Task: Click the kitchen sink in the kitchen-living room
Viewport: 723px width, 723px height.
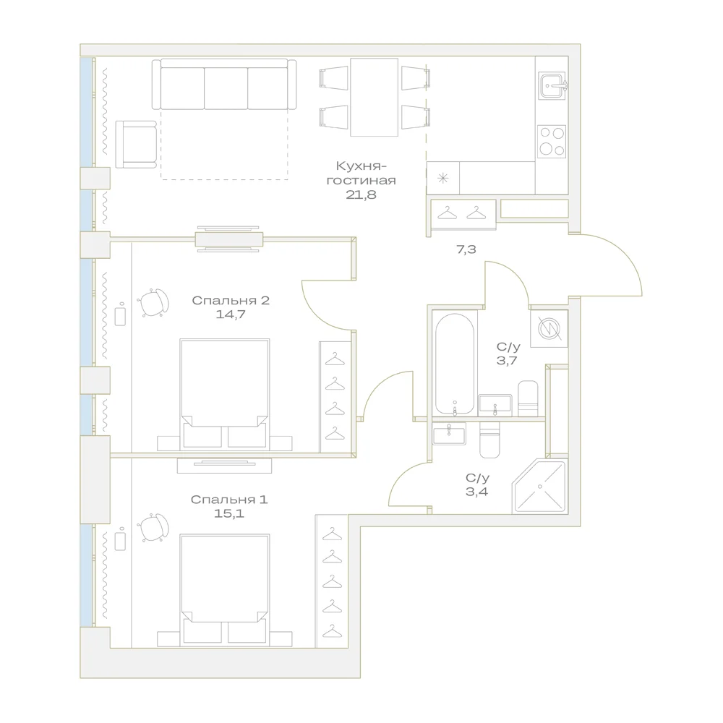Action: coord(552,86)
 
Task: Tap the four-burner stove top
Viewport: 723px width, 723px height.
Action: coord(552,141)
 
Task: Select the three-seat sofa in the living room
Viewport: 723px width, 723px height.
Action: coord(224,85)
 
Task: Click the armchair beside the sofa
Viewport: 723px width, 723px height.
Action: coord(136,145)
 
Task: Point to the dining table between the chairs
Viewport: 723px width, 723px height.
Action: coord(374,98)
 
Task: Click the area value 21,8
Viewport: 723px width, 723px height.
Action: coord(361,194)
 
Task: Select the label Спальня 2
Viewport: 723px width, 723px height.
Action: coord(231,301)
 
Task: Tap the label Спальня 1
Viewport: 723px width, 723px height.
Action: coord(229,500)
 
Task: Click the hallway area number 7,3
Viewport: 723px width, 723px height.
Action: coord(466,249)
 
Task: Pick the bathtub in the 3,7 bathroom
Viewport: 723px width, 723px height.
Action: coord(455,364)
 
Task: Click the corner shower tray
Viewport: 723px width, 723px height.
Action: coord(539,486)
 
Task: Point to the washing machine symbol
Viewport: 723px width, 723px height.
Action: coord(549,329)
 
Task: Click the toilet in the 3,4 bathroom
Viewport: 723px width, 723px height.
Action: coord(489,440)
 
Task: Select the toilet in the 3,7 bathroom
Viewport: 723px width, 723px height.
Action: coord(528,398)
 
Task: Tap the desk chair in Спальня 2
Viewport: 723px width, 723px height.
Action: coord(153,303)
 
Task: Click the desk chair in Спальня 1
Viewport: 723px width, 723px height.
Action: coord(153,528)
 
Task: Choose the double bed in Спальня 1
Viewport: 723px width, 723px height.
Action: coord(225,590)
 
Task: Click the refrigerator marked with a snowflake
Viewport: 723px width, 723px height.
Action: coord(442,178)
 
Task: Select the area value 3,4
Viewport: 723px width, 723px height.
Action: coord(476,492)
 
